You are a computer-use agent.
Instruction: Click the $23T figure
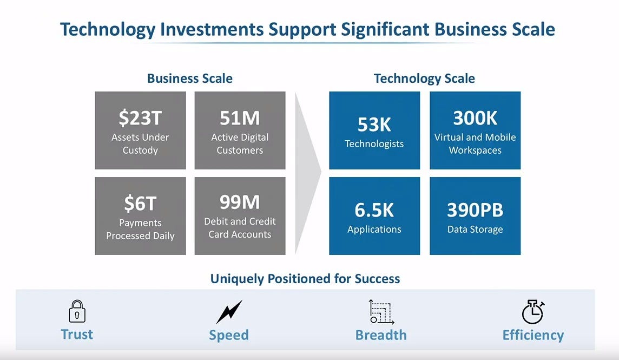coord(140,118)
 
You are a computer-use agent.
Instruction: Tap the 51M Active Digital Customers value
coord(240,118)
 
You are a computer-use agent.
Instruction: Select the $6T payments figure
coord(140,204)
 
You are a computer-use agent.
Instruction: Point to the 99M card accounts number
coord(240,202)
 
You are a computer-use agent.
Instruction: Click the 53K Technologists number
coord(374,125)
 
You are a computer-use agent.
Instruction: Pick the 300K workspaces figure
coord(475,118)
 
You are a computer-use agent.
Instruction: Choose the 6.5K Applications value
coord(374,210)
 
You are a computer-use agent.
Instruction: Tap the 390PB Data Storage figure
coord(475,210)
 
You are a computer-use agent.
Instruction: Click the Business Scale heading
coord(190,78)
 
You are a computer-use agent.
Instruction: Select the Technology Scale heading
coord(424,78)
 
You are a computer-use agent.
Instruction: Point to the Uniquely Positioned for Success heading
coord(305,279)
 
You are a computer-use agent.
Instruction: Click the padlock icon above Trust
coord(77,311)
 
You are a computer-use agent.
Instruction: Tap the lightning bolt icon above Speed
coord(229,312)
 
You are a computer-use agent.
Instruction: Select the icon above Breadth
coord(381,312)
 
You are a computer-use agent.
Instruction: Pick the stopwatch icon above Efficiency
coord(532,312)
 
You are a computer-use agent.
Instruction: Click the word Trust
coord(77,334)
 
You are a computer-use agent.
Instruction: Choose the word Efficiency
coord(533,335)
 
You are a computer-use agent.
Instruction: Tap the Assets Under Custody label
coord(140,143)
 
